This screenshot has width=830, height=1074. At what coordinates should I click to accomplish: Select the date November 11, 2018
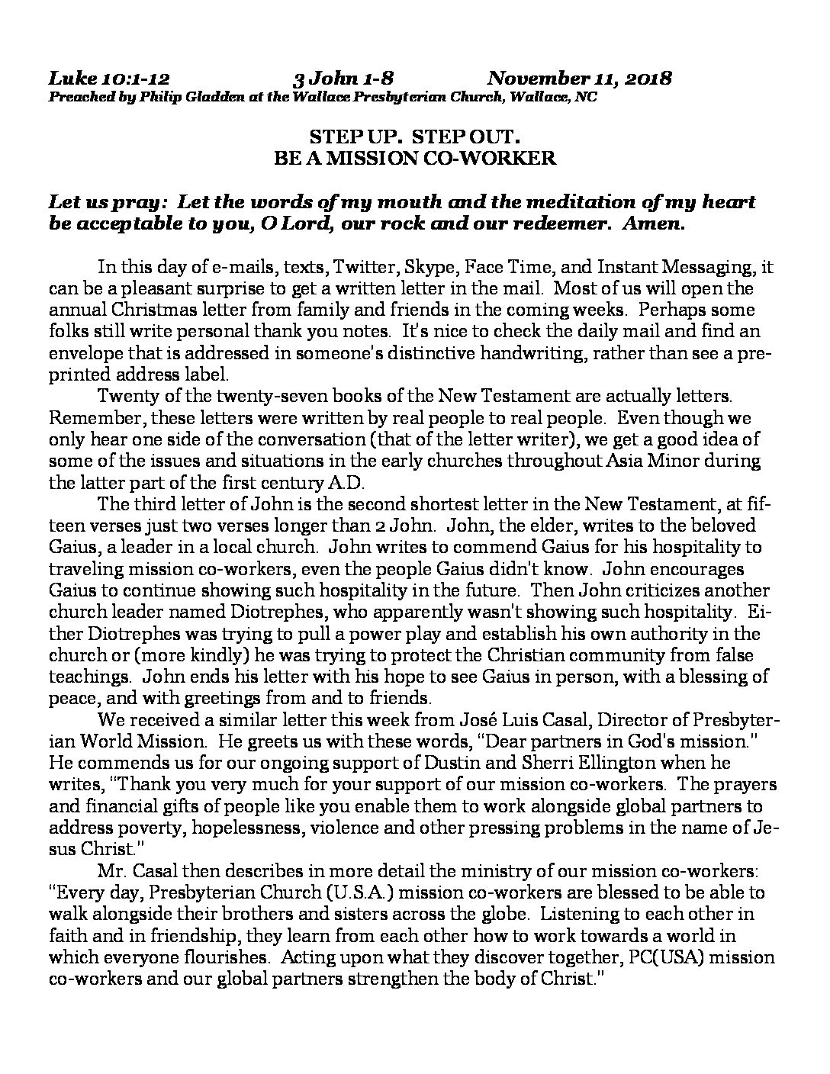coord(579,79)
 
